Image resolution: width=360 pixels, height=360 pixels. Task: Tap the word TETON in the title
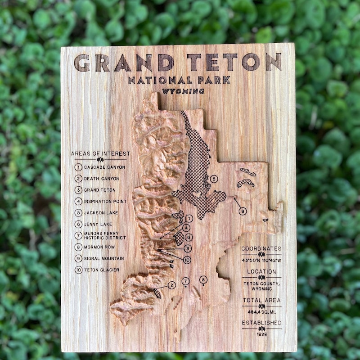coord(234,62)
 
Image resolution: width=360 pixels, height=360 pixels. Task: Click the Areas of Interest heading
coord(100,153)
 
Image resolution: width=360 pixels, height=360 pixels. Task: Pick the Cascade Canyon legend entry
coord(104,167)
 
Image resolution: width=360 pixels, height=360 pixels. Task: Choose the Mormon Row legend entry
coord(99,247)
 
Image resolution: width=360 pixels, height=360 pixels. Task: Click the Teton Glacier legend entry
coord(102,270)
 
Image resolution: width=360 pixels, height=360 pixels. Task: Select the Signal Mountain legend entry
coord(104,258)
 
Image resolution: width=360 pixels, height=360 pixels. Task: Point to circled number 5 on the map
coord(214,179)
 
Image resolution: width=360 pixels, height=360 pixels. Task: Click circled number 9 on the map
coord(243,211)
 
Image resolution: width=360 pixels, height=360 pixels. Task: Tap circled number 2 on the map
coord(171,285)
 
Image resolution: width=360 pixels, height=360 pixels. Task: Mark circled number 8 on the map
coord(203,279)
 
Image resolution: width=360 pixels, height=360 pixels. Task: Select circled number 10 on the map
coord(187,260)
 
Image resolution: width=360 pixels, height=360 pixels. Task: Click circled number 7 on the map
coord(185,281)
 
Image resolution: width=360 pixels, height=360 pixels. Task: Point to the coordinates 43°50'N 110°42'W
coord(261,260)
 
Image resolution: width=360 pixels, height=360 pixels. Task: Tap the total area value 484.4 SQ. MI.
coord(261,311)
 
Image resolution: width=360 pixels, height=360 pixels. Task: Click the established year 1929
coord(261,334)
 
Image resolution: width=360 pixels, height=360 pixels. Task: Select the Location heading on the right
coord(261,271)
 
